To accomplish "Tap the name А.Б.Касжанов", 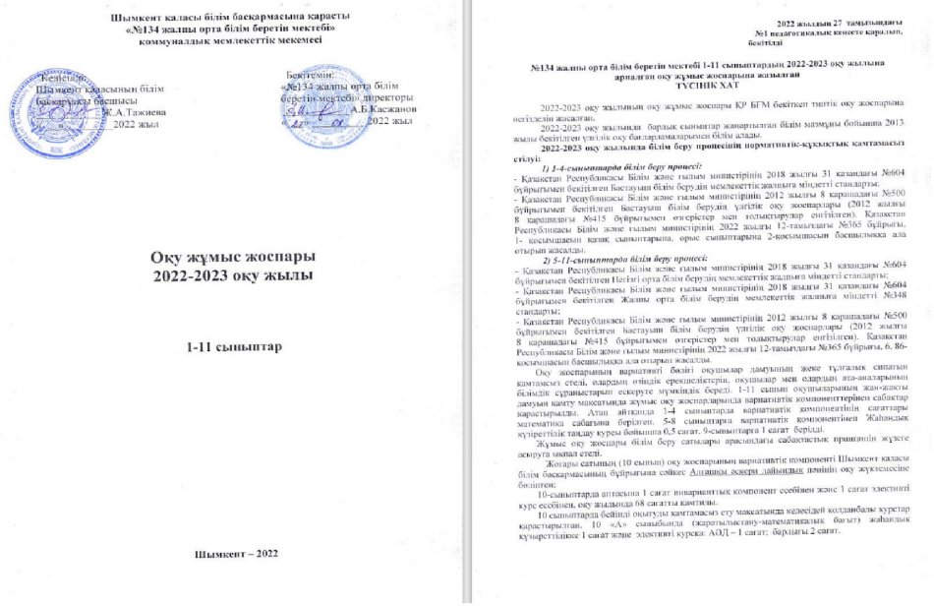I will [x=384, y=109].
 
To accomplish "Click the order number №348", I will [x=898, y=296].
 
